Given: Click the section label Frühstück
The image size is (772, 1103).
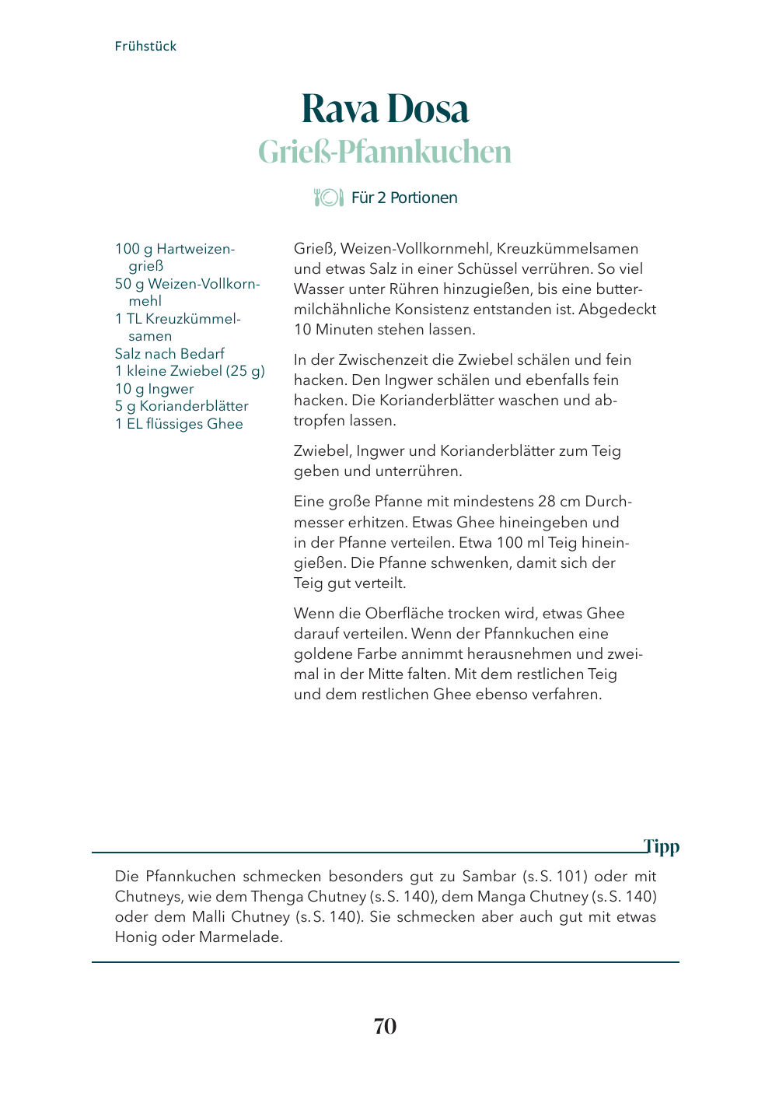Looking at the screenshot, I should (145, 46).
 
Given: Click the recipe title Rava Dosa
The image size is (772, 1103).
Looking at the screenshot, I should (385, 108).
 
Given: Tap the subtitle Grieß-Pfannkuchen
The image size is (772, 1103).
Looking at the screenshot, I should (385, 152).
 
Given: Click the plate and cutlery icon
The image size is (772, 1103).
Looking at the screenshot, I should (328, 198).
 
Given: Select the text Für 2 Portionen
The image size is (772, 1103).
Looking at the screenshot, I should (404, 198).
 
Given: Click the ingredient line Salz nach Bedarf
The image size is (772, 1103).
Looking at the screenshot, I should (169, 353).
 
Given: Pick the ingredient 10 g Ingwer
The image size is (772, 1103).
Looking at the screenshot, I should (154, 389).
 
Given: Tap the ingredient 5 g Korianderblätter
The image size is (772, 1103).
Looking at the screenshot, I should (181, 406).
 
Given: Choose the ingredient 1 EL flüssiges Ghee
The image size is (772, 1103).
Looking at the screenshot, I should (179, 424).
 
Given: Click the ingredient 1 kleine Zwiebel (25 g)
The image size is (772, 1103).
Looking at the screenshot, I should (190, 371).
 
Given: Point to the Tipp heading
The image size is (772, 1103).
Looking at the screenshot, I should (662, 846).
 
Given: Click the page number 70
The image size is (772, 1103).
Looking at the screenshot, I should (385, 1027).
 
